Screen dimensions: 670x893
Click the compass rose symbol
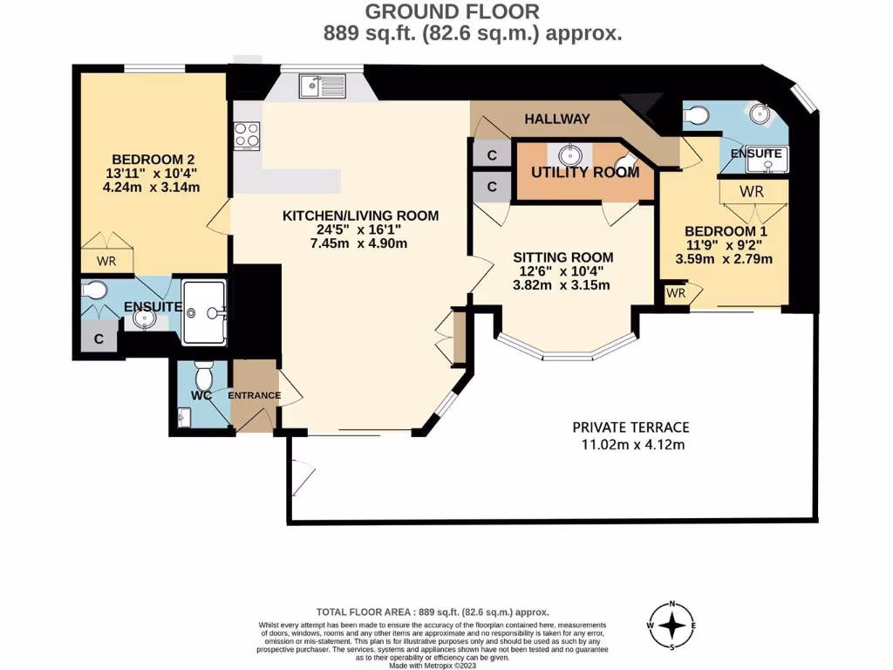[x=673, y=626]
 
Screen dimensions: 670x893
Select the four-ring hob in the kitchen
[x=246, y=136]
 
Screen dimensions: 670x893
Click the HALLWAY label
[x=558, y=119]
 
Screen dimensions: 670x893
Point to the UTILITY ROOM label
[x=585, y=172]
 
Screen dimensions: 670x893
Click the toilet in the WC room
[x=204, y=378]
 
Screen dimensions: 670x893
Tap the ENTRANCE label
[x=255, y=395]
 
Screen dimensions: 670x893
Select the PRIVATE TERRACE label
[x=631, y=427]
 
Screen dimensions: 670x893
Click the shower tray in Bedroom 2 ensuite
[x=204, y=311]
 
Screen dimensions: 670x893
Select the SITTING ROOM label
[x=562, y=257]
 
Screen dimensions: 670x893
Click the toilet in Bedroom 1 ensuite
[x=696, y=114]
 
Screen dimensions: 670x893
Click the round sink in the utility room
[x=571, y=154]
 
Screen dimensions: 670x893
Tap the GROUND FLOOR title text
[x=451, y=12]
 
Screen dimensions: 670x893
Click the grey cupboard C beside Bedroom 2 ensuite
[x=99, y=339]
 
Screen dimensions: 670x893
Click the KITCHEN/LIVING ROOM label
[x=360, y=215]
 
